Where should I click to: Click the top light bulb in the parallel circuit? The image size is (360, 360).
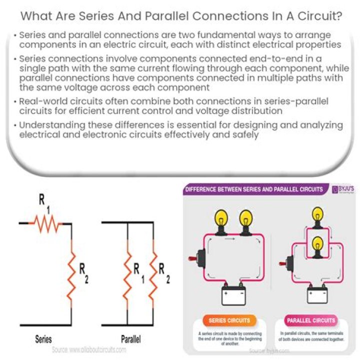tap(316, 216)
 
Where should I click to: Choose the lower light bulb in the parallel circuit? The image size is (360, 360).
tap(316, 245)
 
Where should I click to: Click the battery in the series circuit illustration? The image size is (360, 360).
tap(234, 293)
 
